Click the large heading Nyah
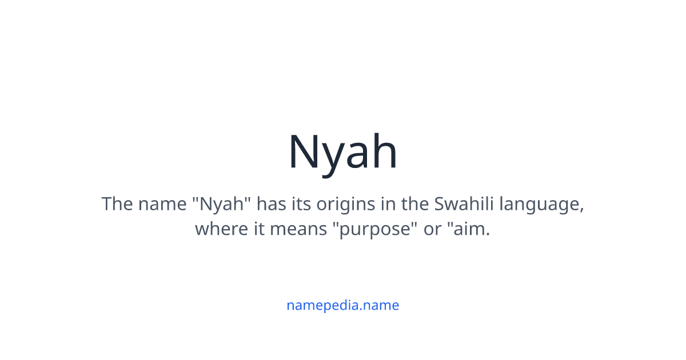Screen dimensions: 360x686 point(342,152)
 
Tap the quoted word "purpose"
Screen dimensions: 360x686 point(374,230)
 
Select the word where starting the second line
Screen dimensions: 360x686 point(219,229)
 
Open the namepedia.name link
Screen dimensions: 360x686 point(342,305)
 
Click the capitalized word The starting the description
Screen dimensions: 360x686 point(117,203)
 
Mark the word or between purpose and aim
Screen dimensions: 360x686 point(432,230)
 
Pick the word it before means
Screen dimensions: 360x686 point(258,229)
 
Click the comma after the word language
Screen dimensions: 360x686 point(582,209)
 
